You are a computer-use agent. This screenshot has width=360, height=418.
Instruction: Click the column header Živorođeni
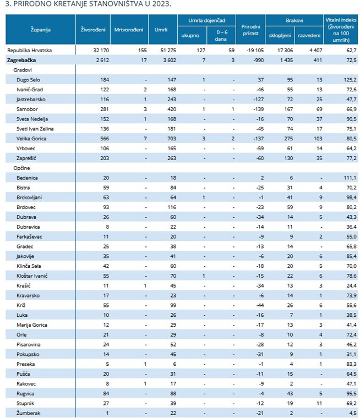click(93, 30)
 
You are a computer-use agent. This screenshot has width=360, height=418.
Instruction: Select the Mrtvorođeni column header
click(129, 30)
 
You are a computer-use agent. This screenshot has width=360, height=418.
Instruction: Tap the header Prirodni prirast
click(250, 30)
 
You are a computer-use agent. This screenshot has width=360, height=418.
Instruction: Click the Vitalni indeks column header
click(341, 30)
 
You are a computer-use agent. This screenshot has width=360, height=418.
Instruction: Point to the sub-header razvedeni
click(309, 35)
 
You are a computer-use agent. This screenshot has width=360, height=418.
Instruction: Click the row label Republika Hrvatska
click(29, 51)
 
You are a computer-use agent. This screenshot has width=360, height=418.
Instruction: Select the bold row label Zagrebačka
click(21, 61)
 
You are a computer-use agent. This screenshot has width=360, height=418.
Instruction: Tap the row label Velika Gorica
click(31, 139)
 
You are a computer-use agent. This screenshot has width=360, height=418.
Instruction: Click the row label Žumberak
click(28, 413)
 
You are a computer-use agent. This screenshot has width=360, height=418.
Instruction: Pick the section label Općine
click(21, 168)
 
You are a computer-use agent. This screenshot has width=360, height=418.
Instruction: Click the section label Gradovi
click(23, 70)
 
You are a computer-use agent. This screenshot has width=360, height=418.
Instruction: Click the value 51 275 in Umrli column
click(168, 51)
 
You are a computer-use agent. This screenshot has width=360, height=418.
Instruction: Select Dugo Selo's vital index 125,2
click(350, 80)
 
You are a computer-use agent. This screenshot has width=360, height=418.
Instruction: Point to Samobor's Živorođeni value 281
click(105, 109)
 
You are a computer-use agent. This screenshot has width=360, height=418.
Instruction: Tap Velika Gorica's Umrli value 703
click(172, 139)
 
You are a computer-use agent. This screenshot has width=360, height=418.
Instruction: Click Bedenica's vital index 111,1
click(350, 178)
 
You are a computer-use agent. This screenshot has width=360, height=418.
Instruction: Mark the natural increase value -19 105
click(255, 51)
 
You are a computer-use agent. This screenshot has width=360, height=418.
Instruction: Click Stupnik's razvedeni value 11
click(319, 403)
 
